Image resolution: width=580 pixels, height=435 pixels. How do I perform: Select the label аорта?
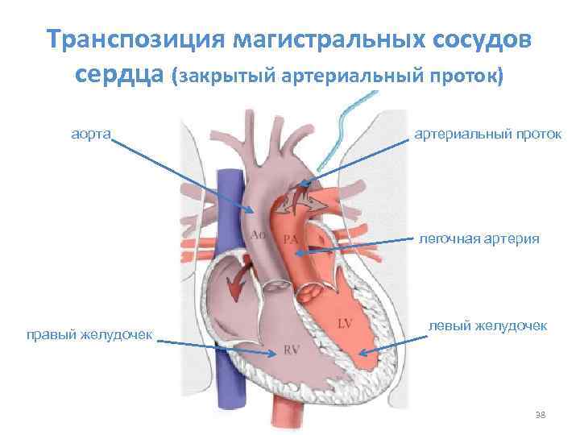pos(90,131)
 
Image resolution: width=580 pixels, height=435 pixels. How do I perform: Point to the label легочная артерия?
pos(479,238)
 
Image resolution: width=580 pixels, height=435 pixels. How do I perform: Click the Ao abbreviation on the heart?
pos(259,234)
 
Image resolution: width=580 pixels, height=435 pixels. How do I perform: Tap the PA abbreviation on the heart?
pos(292,239)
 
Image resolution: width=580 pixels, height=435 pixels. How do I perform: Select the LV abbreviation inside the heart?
pos(345,324)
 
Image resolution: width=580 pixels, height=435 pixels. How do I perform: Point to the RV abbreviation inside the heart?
pos(292,350)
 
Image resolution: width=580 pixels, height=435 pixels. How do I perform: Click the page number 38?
pos(541,415)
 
